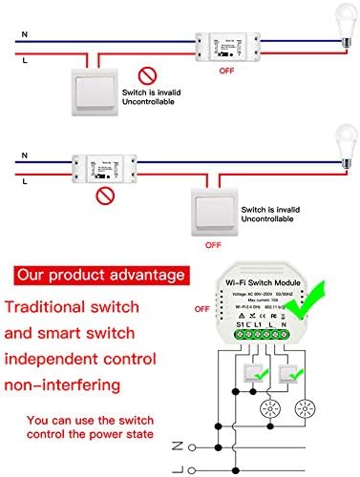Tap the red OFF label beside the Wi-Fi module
point(201,308)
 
